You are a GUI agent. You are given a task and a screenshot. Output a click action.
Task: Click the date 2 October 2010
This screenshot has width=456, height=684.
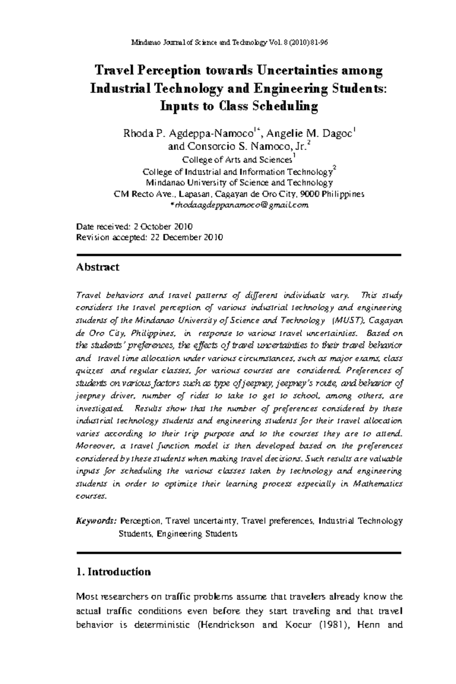pyautogui.click(x=163, y=227)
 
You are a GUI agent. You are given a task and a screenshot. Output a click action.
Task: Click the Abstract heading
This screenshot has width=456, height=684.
pyautogui.click(x=98, y=267)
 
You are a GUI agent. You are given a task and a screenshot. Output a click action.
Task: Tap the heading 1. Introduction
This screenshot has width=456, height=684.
pyautogui.click(x=113, y=572)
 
